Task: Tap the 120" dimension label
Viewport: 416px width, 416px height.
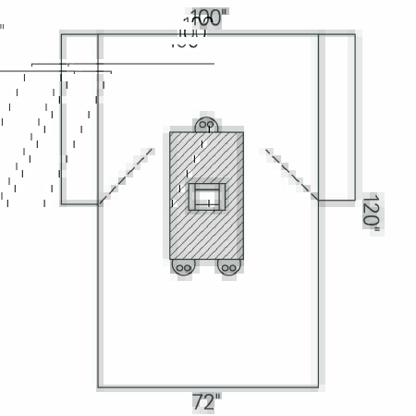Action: click(370, 214)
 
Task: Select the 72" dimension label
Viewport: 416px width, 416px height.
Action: click(206, 402)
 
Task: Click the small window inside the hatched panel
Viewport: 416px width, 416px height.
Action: click(207, 196)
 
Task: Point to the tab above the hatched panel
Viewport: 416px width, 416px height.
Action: click(206, 124)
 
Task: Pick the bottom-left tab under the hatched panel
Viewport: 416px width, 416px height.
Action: click(183, 267)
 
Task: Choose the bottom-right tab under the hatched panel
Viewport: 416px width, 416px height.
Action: click(228, 267)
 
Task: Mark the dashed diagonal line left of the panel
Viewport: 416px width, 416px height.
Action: click(127, 175)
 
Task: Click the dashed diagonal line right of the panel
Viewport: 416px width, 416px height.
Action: click(291, 174)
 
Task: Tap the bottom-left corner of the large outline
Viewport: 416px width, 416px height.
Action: click(98, 386)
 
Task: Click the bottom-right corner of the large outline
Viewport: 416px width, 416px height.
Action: click(318, 386)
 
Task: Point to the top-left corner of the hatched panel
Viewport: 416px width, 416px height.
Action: click(170, 132)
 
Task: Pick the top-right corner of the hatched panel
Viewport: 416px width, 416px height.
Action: click(243, 132)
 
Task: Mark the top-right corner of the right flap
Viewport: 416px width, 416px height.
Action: click(355, 34)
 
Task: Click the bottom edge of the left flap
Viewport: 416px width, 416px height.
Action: click(80, 203)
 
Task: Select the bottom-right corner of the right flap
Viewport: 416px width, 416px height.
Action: click(355, 200)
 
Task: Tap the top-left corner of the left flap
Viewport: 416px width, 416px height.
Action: click(61, 34)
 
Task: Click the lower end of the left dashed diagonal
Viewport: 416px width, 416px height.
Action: click(100, 202)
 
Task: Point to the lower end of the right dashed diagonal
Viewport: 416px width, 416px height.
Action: click(317, 199)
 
